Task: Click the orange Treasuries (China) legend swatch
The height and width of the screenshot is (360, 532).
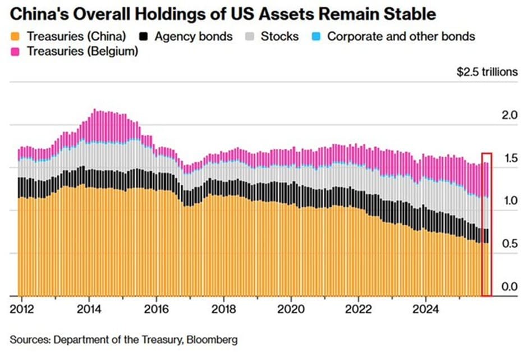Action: pyautogui.click(x=16, y=37)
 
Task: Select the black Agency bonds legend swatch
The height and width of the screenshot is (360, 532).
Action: pyautogui.click(x=144, y=37)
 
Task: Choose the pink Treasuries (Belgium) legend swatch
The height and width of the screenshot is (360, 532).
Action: pyautogui.click(x=16, y=51)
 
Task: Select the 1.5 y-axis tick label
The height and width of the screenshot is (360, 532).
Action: pyautogui.click(x=508, y=159)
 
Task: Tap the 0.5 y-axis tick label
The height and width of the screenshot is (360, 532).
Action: pyautogui.click(x=508, y=244)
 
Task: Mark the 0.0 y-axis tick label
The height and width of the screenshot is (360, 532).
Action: pyautogui.click(x=508, y=287)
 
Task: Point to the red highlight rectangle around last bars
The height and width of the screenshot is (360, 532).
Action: pyautogui.click(x=487, y=224)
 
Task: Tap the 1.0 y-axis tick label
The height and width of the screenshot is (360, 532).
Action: pyautogui.click(x=508, y=200)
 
